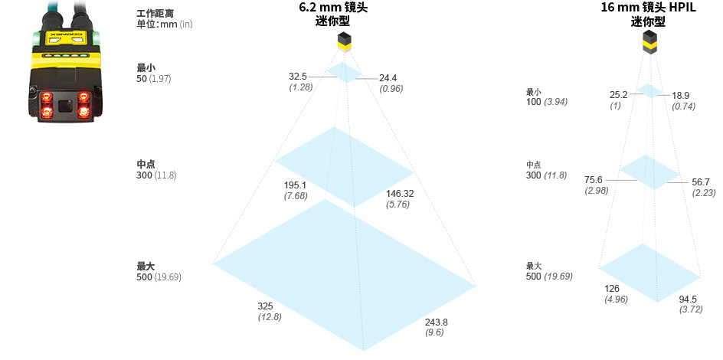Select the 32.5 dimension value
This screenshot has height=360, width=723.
pyautogui.click(x=298, y=77)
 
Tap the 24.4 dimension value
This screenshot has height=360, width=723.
pyautogui.click(x=388, y=77)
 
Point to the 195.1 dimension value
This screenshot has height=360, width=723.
pyautogui.click(x=295, y=185)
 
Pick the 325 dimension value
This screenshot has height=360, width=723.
pyautogui.click(x=265, y=306)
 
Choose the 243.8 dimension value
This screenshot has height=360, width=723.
pyautogui.click(x=435, y=322)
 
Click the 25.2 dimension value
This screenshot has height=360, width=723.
pyautogui.click(x=618, y=95)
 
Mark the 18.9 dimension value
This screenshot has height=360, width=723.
pyautogui.click(x=680, y=96)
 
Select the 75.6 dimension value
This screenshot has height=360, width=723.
pyautogui.click(x=594, y=180)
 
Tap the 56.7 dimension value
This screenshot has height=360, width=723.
pyautogui.click(x=701, y=182)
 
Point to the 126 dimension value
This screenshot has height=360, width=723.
pyautogui.click(x=612, y=289)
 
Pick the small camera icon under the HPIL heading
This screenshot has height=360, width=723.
pyautogui.click(x=649, y=44)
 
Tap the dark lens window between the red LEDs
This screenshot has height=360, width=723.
pyautogui.click(x=64, y=106)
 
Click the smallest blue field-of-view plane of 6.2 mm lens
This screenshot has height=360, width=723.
pyautogui.click(x=344, y=73)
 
